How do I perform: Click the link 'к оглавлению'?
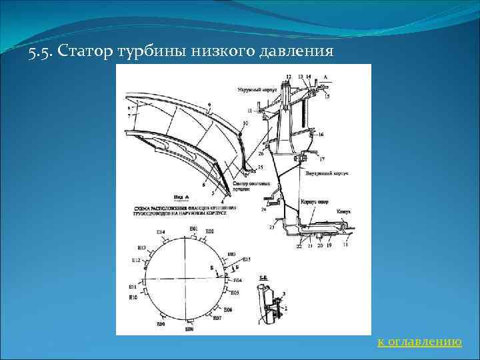tap(419, 342)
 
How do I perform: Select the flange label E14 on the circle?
tap(161, 231)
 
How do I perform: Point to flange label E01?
tap(193, 229)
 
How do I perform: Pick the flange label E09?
tap(161, 324)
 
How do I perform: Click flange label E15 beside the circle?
tap(246, 259)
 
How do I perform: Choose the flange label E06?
tap(228, 310)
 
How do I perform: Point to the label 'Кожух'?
tap(343, 211)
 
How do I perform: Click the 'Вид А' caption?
tap(181, 197)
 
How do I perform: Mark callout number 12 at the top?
tap(289, 77)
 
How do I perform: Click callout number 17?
tap(322, 159)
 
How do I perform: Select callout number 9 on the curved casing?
tap(209, 105)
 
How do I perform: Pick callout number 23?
tap(271, 227)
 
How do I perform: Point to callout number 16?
tap(321, 135)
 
